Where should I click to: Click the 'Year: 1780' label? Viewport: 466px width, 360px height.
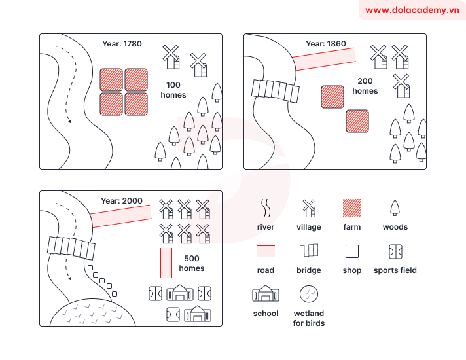[x=122, y=44]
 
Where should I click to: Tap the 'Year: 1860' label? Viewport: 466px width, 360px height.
[x=325, y=44]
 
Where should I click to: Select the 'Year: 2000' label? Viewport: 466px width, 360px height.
[x=122, y=201]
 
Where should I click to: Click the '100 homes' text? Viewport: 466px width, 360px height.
[x=173, y=90]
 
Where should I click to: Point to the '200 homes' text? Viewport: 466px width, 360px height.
[x=365, y=86]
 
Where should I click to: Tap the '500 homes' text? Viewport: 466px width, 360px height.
[x=191, y=263]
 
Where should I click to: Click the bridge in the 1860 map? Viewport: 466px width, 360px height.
[x=276, y=91]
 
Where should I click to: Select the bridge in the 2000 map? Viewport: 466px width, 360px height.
[x=71, y=247]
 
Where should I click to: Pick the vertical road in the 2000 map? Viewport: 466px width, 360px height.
[x=166, y=262]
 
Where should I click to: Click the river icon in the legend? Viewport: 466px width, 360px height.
[x=266, y=208]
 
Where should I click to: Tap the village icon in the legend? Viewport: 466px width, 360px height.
[x=309, y=208]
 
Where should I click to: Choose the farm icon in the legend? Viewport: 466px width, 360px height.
[x=352, y=208]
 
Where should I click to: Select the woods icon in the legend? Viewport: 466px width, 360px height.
[x=395, y=208]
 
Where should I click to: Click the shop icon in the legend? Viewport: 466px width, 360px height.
[x=352, y=251]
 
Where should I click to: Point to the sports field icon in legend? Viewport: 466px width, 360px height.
[x=395, y=251]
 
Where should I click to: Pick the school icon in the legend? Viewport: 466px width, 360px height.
[x=266, y=294]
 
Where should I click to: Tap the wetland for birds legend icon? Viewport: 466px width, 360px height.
[x=309, y=294]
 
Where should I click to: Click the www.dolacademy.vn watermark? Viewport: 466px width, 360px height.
[x=412, y=10]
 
